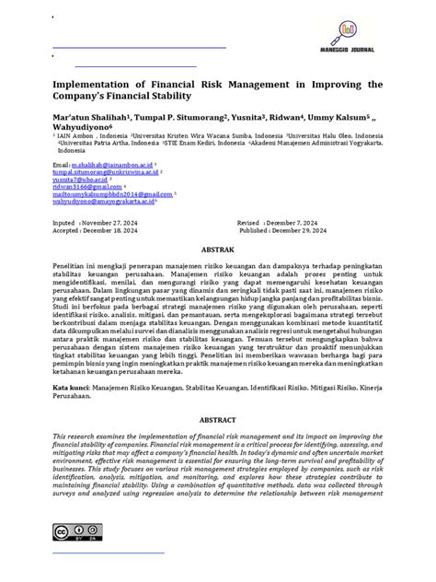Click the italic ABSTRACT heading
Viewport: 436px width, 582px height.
click(217, 417)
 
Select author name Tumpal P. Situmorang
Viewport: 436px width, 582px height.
click(171, 118)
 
